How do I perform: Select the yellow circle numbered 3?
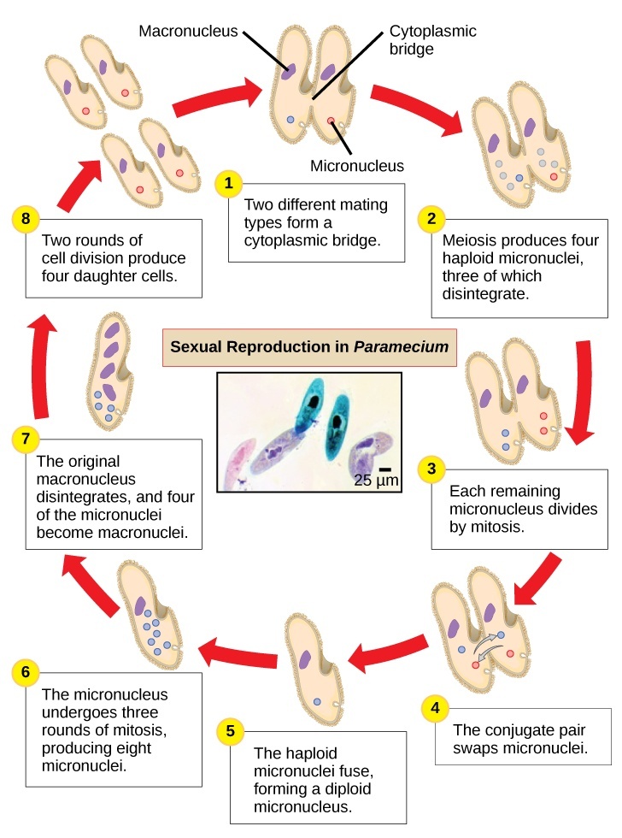[431, 468]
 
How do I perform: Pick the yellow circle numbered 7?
[26, 440]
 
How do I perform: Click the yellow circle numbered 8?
[26, 218]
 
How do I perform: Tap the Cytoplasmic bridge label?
[432, 40]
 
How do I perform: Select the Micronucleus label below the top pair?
[356, 166]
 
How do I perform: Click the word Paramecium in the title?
[414, 348]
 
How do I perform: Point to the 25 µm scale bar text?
[376, 480]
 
